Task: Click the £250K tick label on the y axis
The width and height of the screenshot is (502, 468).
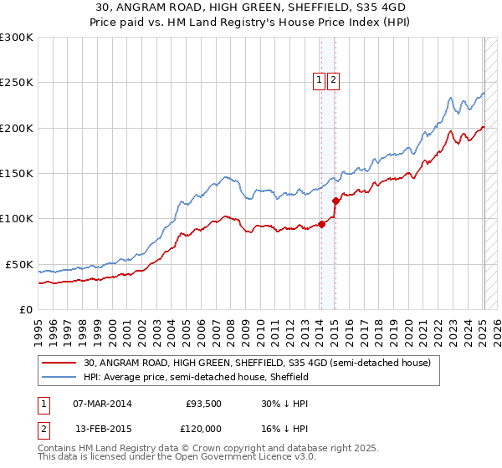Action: tap(17, 83)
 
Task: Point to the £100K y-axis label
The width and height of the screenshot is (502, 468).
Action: tap(17, 219)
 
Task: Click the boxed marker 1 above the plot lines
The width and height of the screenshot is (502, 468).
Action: tap(320, 80)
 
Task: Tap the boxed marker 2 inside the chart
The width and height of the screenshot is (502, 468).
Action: tap(334, 80)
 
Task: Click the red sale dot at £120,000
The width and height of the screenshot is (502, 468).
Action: tap(336, 201)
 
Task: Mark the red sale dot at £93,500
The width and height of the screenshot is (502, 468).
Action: tap(321, 224)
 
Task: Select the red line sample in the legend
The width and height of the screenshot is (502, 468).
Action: tap(59, 364)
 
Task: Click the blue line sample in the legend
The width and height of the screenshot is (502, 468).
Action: tap(59, 378)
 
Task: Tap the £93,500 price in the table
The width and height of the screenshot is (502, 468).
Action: tap(202, 404)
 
